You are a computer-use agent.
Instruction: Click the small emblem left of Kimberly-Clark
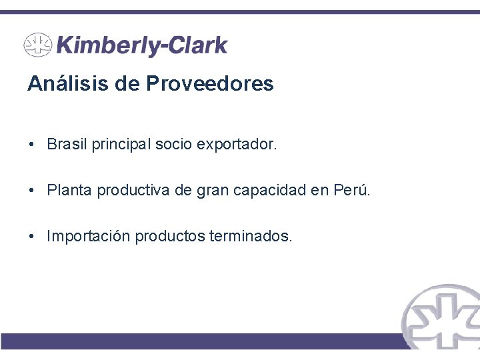click(38, 45)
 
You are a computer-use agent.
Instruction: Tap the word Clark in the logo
click(197, 45)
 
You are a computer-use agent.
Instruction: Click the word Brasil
click(67, 145)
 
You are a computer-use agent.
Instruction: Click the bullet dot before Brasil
click(31, 145)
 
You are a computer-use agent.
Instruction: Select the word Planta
click(70, 191)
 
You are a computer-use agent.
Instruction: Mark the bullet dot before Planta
click(31, 191)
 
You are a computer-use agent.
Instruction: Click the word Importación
click(89, 237)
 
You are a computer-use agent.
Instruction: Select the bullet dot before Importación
click(31, 237)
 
